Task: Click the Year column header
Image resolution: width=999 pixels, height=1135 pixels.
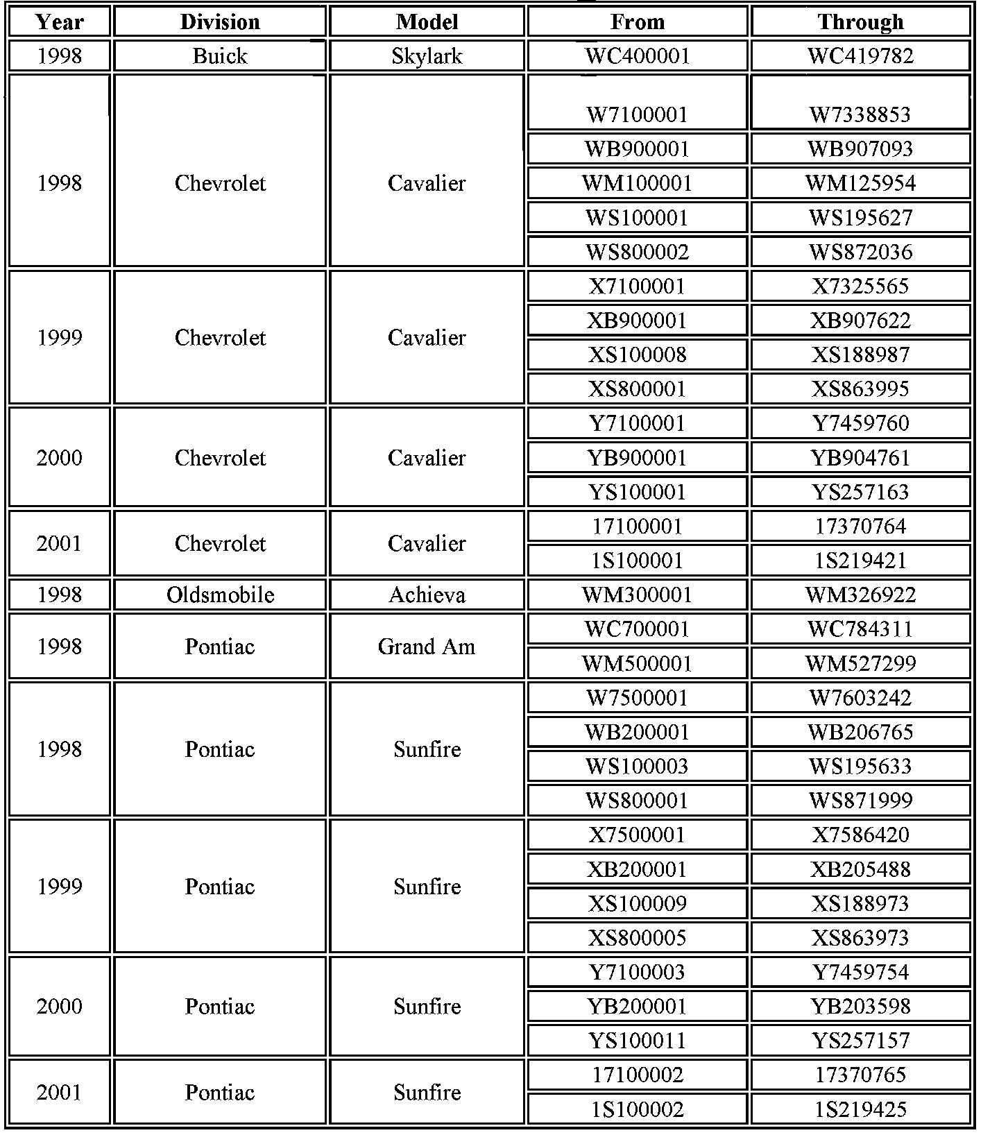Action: (59, 22)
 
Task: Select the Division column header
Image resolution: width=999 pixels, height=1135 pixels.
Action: (220, 22)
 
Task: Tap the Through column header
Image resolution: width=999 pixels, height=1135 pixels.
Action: (860, 22)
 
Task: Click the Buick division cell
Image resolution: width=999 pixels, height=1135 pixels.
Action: (220, 56)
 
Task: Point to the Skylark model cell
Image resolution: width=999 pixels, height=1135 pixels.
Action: (427, 56)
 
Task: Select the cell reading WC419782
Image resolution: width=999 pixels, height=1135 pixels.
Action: (860, 56)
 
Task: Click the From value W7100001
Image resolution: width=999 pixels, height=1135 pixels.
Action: (637, 114)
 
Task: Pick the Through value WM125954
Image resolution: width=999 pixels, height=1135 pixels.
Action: (860, 183)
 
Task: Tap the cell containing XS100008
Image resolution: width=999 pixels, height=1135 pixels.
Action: (637, 355)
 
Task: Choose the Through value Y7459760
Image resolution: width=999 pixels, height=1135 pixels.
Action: (860, 423)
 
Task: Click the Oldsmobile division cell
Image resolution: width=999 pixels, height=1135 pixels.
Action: (220, 595)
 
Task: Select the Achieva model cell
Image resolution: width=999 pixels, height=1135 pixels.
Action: (427, 595)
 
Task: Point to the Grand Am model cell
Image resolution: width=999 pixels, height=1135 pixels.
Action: (427, 647)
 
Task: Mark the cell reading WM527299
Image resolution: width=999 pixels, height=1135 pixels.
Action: (860, 663)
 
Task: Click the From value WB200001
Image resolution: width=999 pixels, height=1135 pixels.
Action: (637, 732)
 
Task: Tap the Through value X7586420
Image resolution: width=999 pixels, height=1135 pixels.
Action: (860, 835)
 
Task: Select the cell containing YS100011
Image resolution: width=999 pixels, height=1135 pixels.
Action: (637, 1041)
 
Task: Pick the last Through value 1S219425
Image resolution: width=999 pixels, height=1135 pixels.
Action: (860, 1109)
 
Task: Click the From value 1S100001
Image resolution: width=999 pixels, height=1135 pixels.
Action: (637, 561)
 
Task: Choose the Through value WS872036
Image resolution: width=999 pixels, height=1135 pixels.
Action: (860, 252)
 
